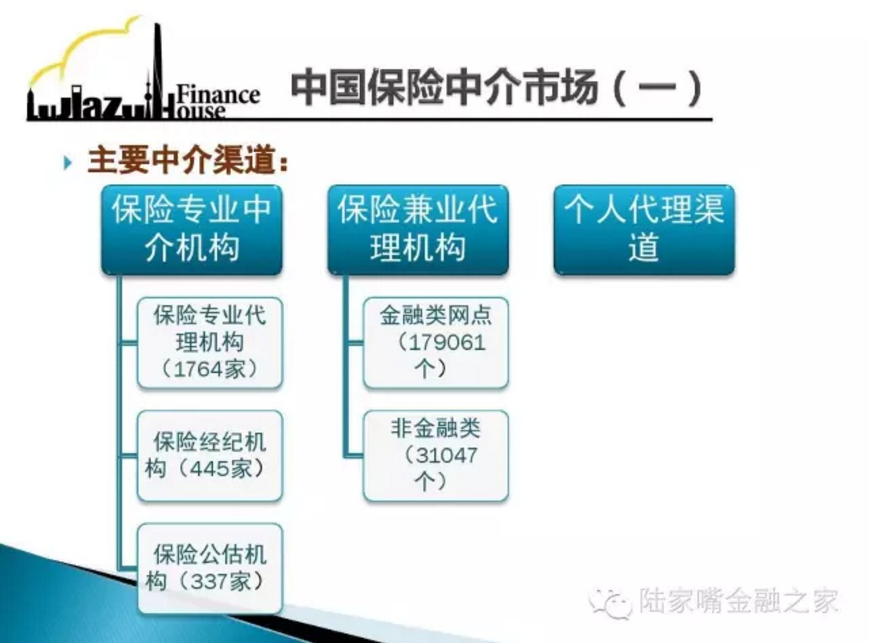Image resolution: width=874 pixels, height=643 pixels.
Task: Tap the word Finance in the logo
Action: point(218,95)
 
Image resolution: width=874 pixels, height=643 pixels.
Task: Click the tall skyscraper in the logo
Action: point(158,70)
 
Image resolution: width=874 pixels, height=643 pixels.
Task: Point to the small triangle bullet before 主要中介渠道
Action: point(68,163)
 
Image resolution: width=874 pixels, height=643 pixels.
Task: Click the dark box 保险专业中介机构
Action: point(191,230)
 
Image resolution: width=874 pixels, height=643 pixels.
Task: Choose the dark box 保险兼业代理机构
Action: point(418,230)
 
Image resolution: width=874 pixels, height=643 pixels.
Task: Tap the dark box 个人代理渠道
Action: point(644,230)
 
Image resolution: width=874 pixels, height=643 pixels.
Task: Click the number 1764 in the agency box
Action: point(197,369)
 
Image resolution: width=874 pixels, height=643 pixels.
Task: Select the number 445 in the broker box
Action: point(209,468)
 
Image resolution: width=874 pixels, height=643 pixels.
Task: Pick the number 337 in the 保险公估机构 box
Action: point(209,581)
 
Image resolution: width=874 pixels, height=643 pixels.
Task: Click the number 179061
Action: point(447,343)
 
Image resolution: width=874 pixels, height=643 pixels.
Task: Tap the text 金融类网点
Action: point(436,315)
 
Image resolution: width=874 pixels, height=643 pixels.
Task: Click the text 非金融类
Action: point(436,428)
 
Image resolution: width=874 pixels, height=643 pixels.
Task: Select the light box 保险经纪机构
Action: point(210,455)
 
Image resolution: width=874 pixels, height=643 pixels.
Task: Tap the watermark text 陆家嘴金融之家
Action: point(738,600)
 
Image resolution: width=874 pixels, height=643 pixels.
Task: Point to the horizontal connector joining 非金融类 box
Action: point(354,455)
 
